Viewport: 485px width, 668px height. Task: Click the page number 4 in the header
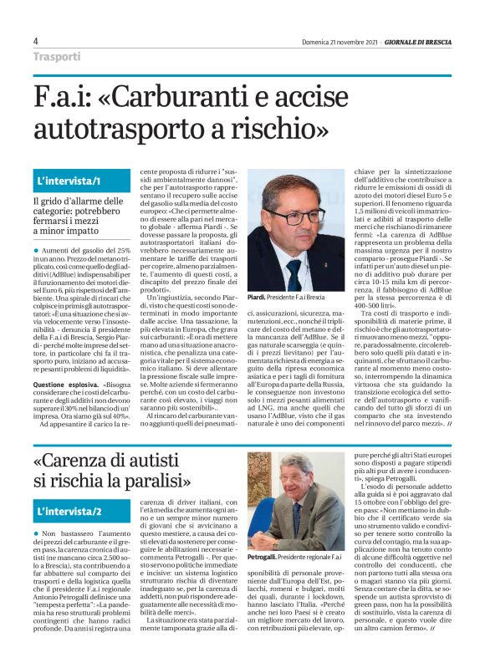(x=36, y=41)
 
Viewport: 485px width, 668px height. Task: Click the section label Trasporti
(x=57, y=57)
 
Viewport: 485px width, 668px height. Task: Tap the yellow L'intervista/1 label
(x=69, y=181)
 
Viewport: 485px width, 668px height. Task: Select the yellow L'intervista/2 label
(x=69, y=510)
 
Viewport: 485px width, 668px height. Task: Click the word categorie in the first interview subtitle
(x=54, y=213)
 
